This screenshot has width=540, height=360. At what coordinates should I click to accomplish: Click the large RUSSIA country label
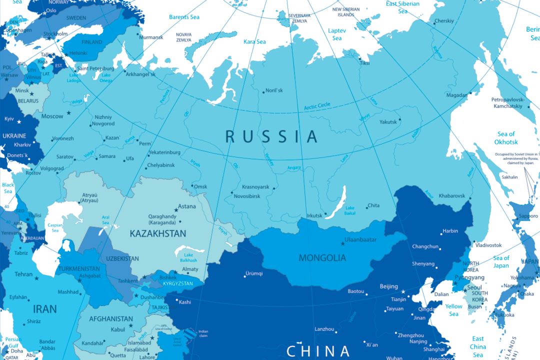[271, 136]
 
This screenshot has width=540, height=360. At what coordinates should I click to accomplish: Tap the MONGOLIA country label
[322, 258]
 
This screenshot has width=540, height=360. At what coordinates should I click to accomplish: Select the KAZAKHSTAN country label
[157, 233]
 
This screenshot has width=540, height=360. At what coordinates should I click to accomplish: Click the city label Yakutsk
[388, 122]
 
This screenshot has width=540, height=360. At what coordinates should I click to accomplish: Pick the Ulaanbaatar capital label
[360, 240]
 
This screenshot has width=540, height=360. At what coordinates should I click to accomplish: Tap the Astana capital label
[187, 206]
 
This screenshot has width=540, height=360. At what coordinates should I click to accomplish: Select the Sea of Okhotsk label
[505, 138]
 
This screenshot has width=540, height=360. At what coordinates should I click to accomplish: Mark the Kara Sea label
[254, 42]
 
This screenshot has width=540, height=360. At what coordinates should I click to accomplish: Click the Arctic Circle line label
[317, 106]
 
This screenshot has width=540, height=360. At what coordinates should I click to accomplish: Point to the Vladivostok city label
[488, 245]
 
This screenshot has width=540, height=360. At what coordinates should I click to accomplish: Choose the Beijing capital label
[388, 286]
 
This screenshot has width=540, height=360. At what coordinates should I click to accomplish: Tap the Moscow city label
[52, 116]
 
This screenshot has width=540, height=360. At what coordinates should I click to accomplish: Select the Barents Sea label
[184, 17]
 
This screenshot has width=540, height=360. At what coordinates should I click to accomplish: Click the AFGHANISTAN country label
[111, 319]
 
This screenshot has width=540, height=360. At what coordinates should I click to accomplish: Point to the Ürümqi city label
[253, 273]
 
